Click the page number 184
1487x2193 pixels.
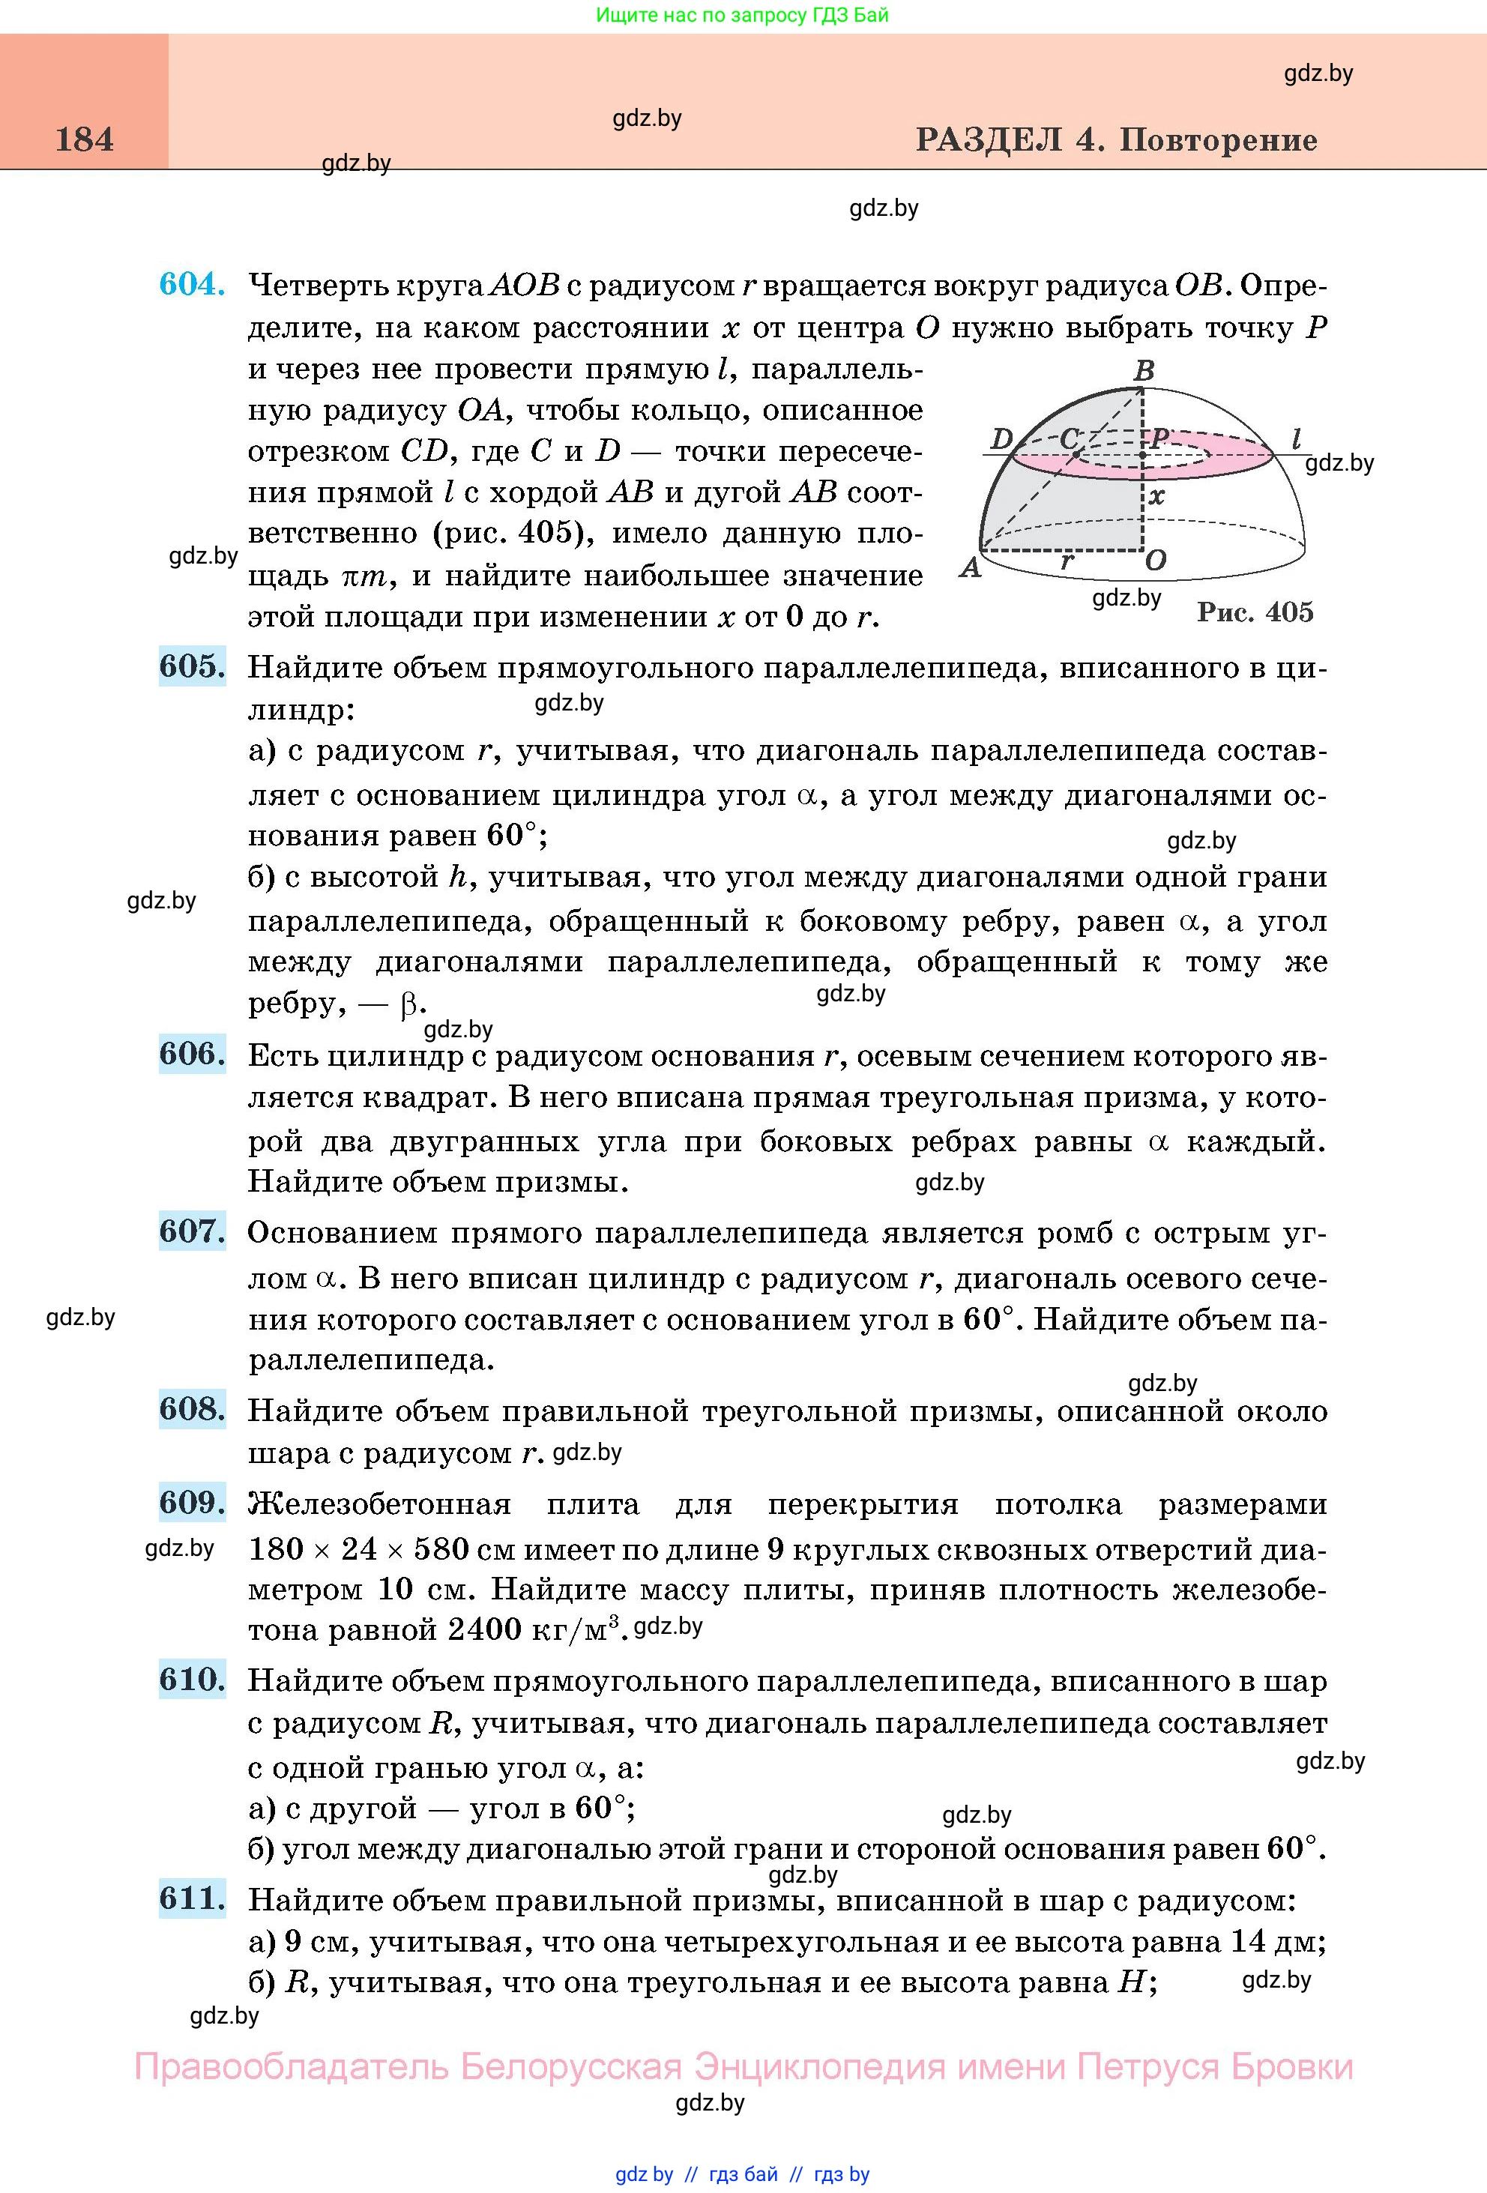pos(84,139)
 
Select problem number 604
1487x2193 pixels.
pos(192,284)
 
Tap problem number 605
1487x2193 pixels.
pos(192,666)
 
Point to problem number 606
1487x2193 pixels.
pos(192,1054)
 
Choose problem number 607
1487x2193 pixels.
pos(192,1231)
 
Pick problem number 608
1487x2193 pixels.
pos(192,1409)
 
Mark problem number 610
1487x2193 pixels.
pos(192,1680)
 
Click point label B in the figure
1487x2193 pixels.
pos(1144,371)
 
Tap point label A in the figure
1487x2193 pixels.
pos(969,568)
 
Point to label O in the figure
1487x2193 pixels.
pos(1156,561)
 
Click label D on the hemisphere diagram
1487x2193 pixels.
pos(1001,438)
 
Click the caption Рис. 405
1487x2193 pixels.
pos(1255,612)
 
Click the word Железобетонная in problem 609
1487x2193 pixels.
pos(379,1504)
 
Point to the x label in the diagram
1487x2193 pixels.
pos(1156,495)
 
